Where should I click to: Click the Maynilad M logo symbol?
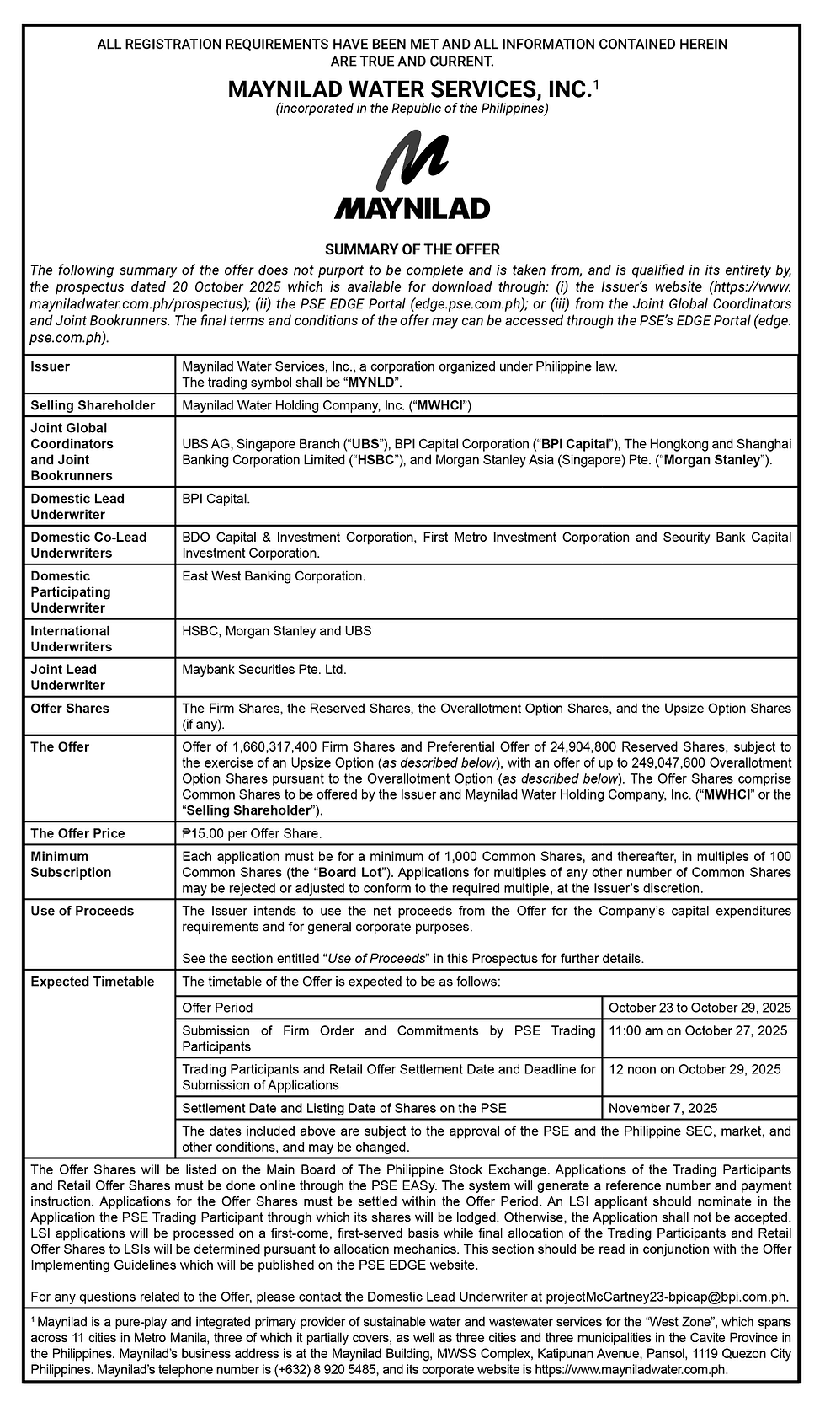[x=412, y=164]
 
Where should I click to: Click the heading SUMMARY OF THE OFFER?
[x=412, y=249]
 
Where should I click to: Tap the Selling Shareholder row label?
[x=93, y=405]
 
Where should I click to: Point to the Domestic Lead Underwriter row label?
[x=77, y=506]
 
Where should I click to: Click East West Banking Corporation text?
[x=274, y=576]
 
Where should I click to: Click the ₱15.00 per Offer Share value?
[x=252, y=833]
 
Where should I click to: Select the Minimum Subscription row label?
[x=71, y=864]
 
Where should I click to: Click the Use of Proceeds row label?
[x=82, y=911]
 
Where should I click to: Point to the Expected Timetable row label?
[x=93, y=982]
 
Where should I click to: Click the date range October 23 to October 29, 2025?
[x=700, y=1008]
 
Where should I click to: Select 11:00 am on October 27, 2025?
[x=698, y=1031]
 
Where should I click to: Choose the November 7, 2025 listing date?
[x=663, y=1109]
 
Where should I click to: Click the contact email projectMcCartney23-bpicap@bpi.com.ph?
[x=667, y=1297]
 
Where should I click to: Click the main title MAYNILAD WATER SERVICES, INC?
[x=408, y=88]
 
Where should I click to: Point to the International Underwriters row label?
[x=72, y=639]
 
